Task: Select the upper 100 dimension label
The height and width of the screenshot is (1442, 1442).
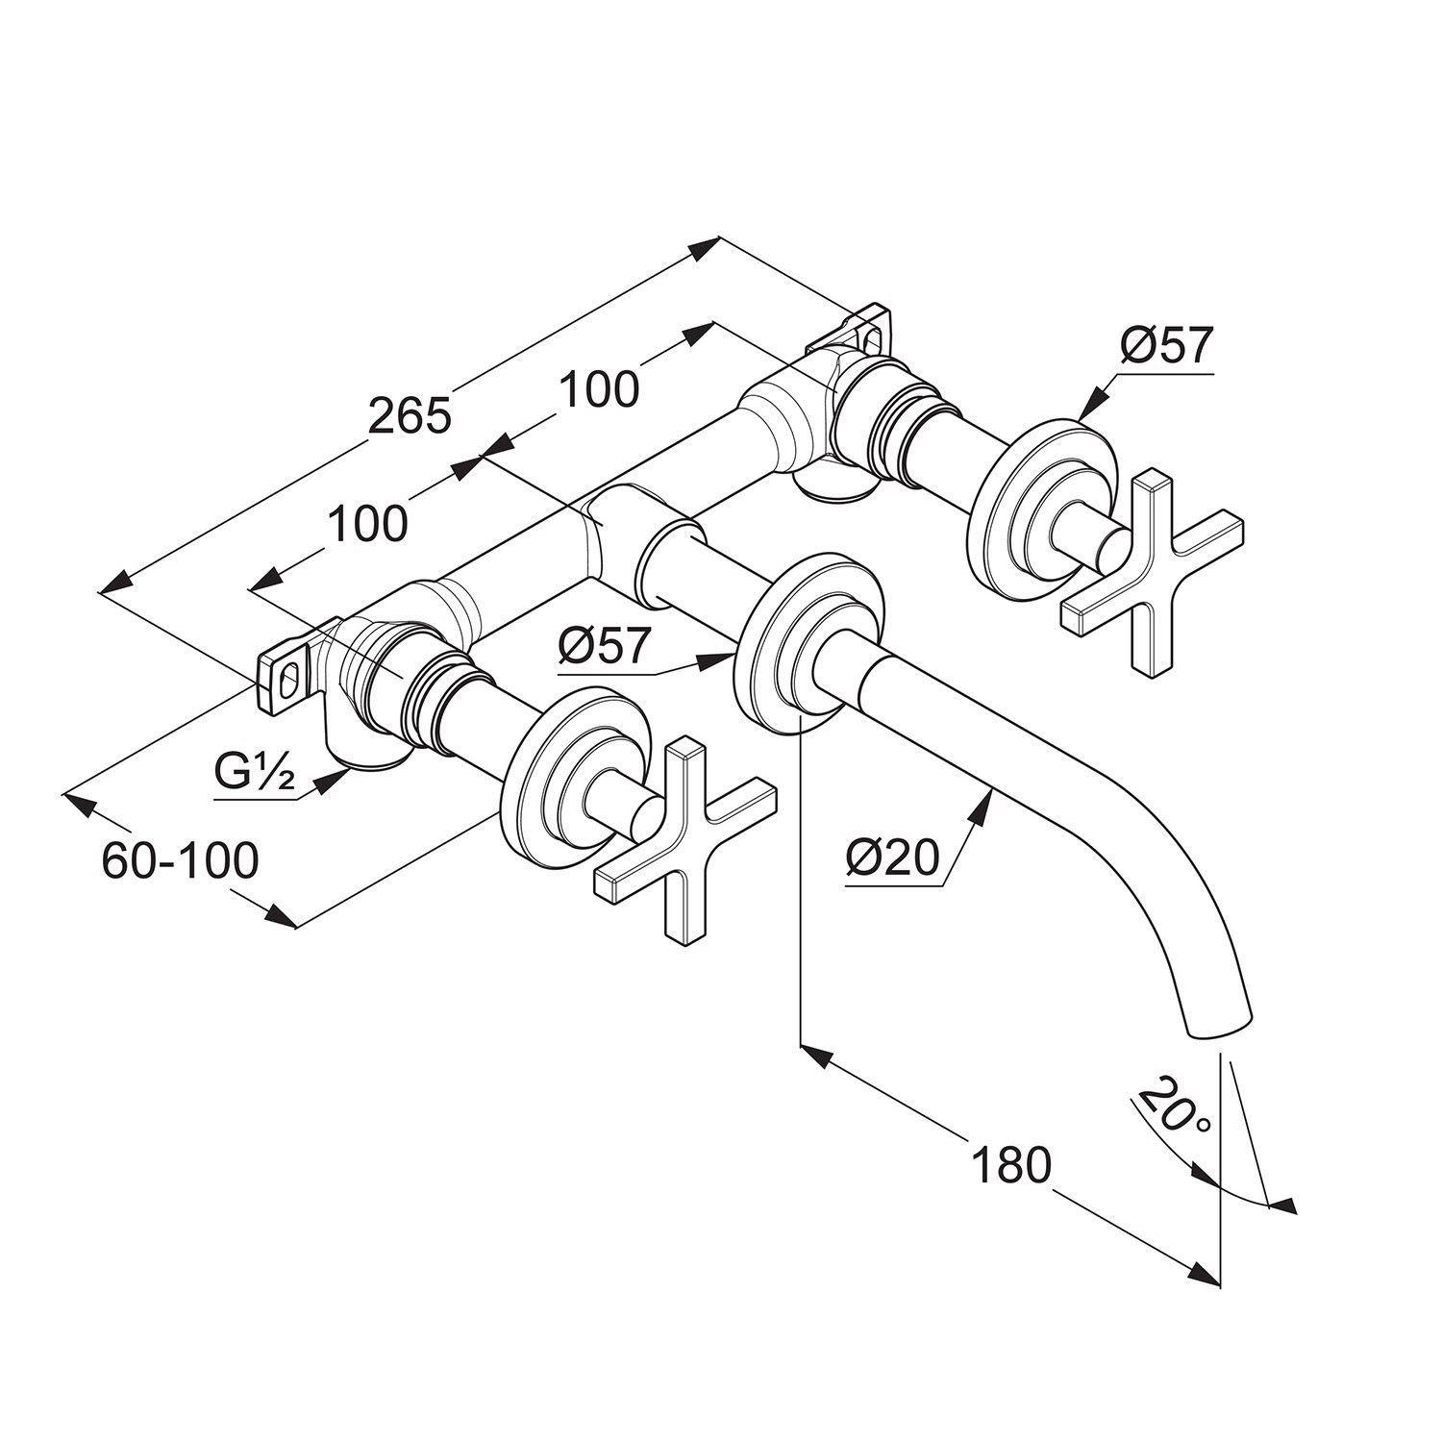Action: tap(598, 389)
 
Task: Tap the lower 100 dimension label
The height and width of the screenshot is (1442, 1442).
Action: tap(368, 524)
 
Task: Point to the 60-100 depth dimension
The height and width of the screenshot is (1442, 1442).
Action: tap(181, 860)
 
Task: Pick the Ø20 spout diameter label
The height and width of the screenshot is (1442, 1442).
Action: tap(893, 858)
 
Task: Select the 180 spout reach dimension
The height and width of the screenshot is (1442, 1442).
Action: tap(1012, 1166)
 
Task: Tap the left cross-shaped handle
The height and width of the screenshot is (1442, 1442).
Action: tap(685, 836)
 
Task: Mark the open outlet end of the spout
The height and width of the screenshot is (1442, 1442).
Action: tap(1222, 1026)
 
